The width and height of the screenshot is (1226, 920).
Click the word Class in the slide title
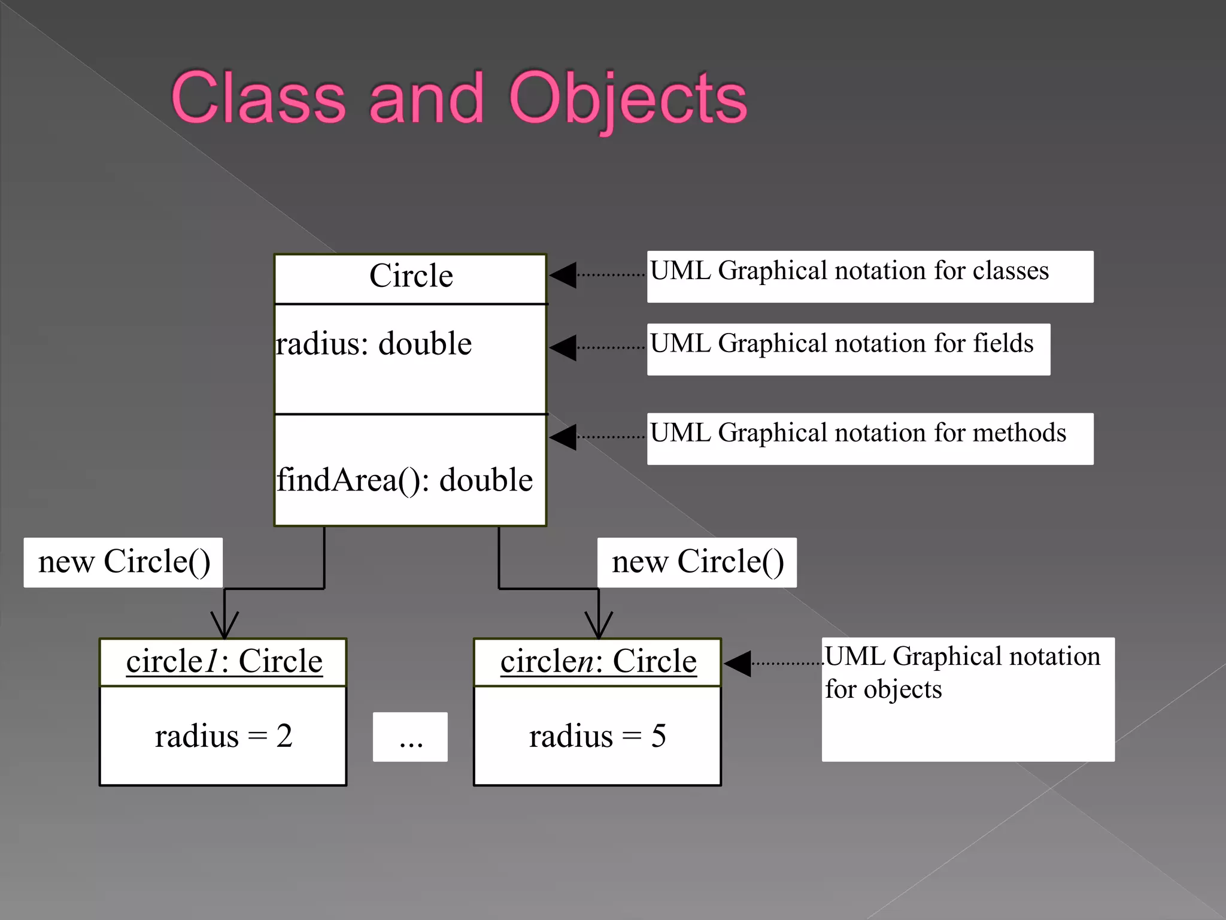tap(258, 98)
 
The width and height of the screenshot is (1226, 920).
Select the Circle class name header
tap(411, 276)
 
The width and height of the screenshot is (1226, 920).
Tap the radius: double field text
tap(374, 344)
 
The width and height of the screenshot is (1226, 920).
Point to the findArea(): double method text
tap(405, 480)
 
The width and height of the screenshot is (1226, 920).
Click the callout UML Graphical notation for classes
tap(869, 276)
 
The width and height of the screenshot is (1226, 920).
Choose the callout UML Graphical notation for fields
tap(848, 349)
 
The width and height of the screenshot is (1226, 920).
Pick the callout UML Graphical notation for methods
tap(869, 438)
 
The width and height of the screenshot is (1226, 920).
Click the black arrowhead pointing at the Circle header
tap(563, 276)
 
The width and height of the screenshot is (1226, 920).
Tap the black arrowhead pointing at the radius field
tap(563, 348)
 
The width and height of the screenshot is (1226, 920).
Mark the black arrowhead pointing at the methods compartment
tap(563, 437)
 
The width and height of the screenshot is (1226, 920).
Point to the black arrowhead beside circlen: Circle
tap(738, 664)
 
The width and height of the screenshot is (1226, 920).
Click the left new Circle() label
tap(123, 562)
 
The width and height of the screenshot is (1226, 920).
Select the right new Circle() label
tap(697, 562)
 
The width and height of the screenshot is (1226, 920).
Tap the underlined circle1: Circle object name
tap(224, 662)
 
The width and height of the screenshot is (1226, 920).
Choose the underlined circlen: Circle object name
tap(598, 662)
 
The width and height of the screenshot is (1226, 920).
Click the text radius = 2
tap(223, 736)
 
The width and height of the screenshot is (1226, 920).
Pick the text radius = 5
tap(597, 736)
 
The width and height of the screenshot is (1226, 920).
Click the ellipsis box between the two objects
tap(410, 737)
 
